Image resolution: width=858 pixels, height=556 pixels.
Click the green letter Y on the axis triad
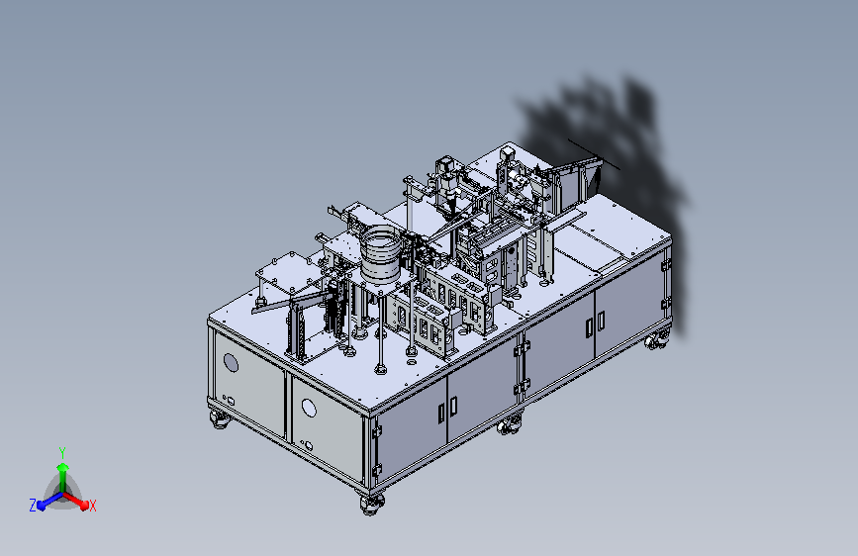(x=62, y=452)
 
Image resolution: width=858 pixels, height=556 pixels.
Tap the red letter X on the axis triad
(x=92, y=506)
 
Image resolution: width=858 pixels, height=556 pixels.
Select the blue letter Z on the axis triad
(x=33, y=506)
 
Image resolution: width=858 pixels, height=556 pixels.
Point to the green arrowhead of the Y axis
(x=63, y=468)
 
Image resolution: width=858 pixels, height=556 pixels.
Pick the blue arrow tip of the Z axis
(x=42, y=505)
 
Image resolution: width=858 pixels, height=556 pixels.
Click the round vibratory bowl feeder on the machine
(x=381, y=254)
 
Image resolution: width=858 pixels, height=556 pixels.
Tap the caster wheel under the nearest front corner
(x=373, y=504)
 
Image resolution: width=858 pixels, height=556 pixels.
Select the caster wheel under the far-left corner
(x=220, y=420)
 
